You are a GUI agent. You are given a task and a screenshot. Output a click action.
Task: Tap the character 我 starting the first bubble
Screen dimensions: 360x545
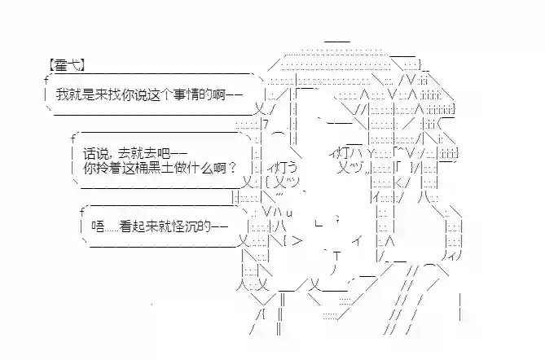point(62,96)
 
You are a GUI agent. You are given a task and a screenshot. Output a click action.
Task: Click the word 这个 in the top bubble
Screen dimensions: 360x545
point(152,96)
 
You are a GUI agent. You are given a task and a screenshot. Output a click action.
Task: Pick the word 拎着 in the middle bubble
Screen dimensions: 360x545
point(108,169)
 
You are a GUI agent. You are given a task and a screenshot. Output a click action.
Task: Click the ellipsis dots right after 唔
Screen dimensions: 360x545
point(116,228)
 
